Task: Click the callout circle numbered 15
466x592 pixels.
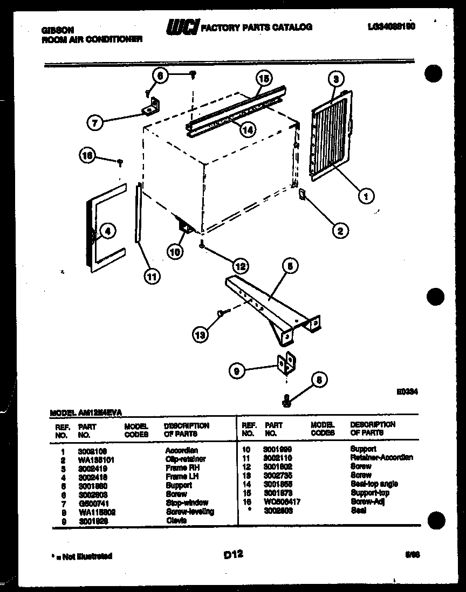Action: pos(263,78)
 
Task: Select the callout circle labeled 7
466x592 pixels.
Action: pos(95,123)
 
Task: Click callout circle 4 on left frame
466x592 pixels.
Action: pos(107,231)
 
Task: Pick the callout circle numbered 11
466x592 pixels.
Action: pos(152,277)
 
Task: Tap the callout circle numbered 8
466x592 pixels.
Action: pos(319,380)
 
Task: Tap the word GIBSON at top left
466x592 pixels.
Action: pos(58,30)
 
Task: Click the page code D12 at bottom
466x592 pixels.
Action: pos(232,554)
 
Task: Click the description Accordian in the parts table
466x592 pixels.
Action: pos(181,450)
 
